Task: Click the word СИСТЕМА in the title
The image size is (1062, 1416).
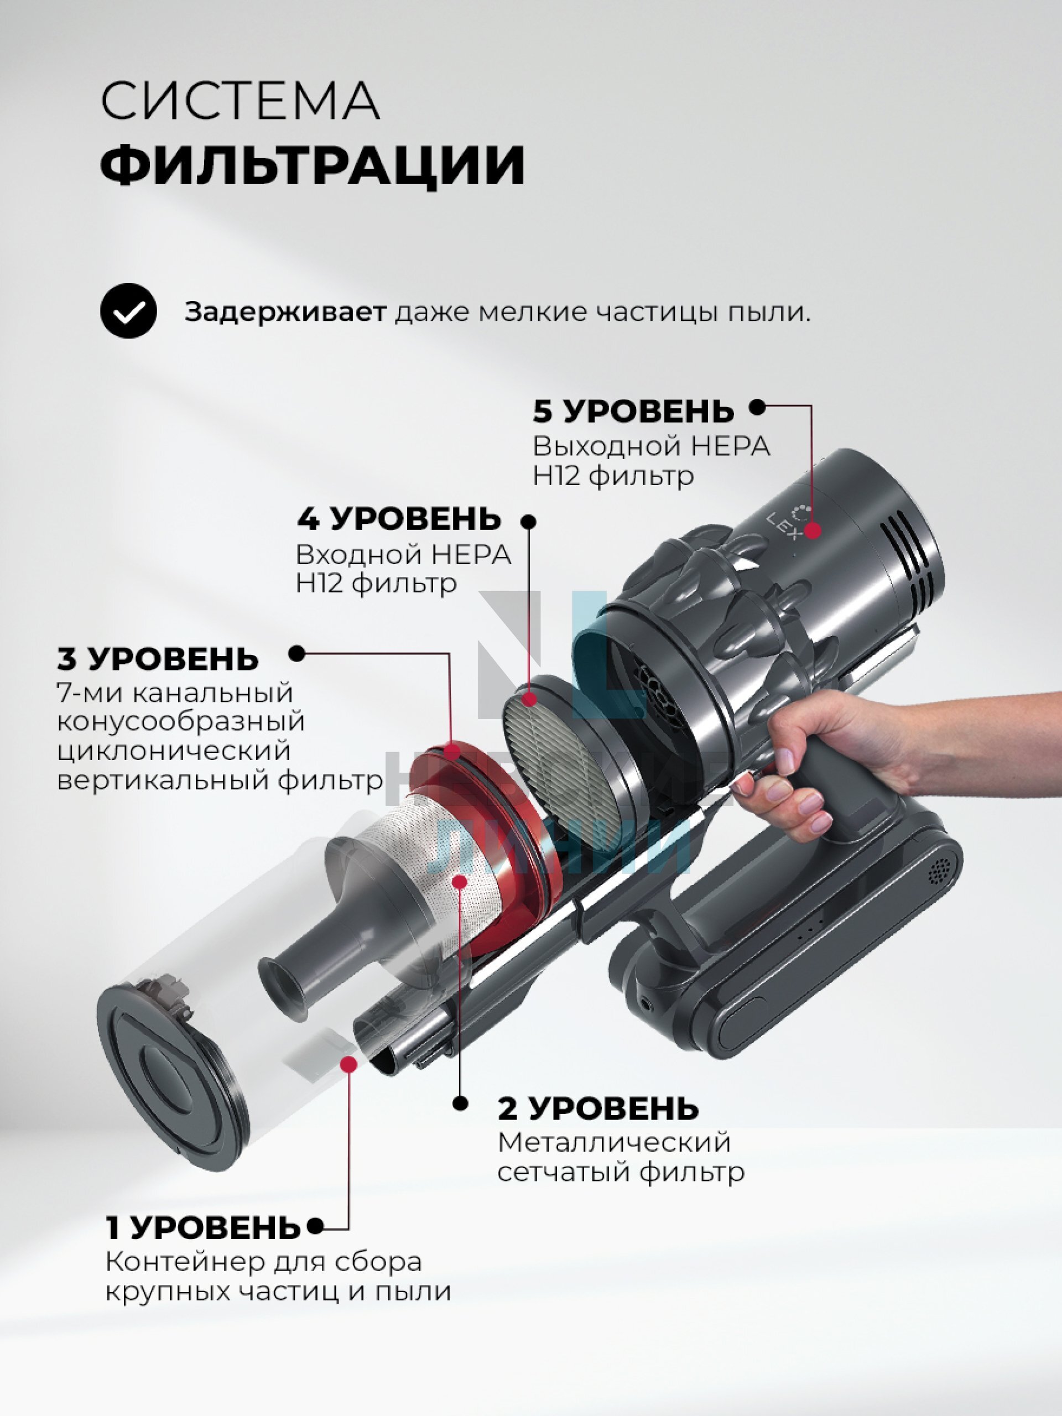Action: click(240, 101)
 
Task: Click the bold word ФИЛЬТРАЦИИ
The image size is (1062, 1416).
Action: click(313, 164)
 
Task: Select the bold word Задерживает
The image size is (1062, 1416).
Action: click(285, 313)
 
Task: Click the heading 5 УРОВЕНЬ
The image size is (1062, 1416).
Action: click(633, 411)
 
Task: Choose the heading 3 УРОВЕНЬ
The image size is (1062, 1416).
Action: click(158, 659)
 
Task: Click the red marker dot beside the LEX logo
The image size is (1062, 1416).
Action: click(813, 530)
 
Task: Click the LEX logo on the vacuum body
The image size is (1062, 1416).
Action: click(789, 522)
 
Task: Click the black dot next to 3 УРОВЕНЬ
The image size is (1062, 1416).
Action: click(297, 654)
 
